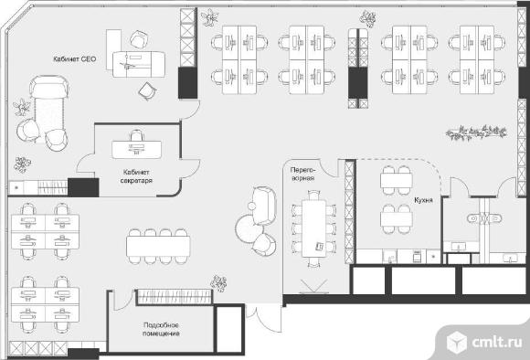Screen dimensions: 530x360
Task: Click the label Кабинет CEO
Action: [x=75, y=59]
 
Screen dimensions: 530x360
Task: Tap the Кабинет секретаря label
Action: [x=136, y=176]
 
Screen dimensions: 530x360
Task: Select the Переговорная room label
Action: [x=302, y=174]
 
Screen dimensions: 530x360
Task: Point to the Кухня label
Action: [x=423, y=200]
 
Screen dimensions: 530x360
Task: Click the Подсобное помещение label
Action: [x=161, y=330]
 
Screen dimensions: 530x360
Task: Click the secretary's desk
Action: [x=136, y=150]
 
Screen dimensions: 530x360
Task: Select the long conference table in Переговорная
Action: [x=314, y=228]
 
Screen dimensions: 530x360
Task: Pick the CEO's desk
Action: [x=139, y=64]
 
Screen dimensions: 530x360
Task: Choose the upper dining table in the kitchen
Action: [x=397, y=181]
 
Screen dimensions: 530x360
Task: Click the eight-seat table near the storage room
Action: [x=158, y=246]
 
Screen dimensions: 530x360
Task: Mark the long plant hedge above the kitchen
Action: [x=476, y=132]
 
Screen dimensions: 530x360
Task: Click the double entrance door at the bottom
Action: [x=264, y=318]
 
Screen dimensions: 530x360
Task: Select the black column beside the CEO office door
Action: [x=187, y=83]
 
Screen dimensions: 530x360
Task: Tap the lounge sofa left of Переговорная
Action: [x=264, y=206]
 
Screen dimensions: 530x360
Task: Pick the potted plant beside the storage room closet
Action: [x=218, y=283]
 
